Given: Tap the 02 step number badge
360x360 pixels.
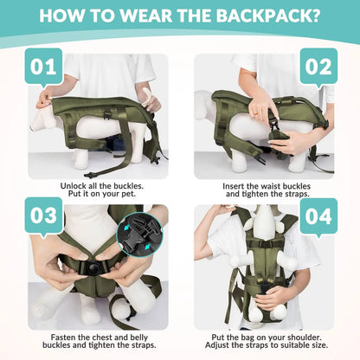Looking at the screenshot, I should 318,66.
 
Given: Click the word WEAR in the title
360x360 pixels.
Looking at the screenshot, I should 128,16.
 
